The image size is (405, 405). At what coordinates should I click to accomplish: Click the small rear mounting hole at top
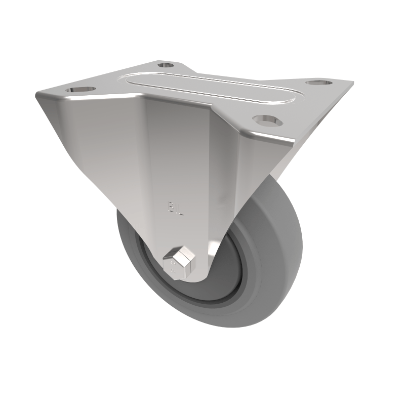pos(165,65)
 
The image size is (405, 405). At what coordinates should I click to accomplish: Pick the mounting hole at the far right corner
pos(317,83)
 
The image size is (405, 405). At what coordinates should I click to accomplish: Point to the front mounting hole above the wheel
pos(265,120)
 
